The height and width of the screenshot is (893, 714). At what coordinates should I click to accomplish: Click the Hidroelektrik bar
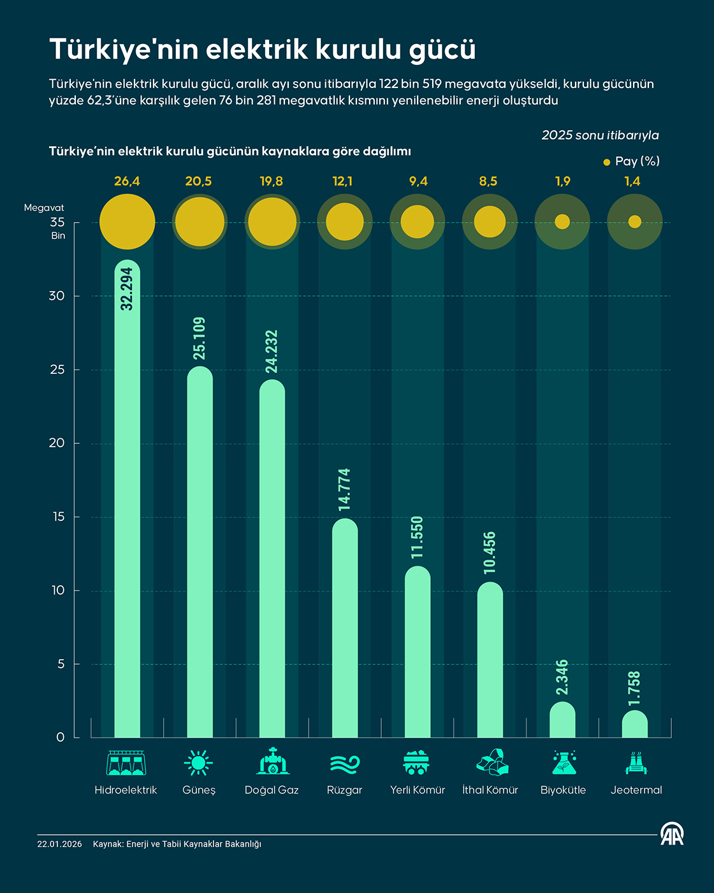(x=127, y=510)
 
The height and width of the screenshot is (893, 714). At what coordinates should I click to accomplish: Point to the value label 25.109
(x=200, y=338)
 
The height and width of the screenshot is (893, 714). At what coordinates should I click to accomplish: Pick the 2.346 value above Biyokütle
(x=562, y=677)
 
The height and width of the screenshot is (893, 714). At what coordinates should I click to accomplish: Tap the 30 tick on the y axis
(x=57, y=296)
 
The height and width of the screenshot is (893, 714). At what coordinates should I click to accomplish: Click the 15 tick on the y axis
(x=59, y=517)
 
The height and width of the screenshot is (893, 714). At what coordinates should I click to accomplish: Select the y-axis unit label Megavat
(x=44, y=208)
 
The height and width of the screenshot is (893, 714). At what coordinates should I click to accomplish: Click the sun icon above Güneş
(x=198, y=762)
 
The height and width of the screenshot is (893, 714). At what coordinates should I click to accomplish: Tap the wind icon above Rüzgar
(x=345, y=763)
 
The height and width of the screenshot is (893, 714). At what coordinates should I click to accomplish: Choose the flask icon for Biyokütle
(x=564, y=762)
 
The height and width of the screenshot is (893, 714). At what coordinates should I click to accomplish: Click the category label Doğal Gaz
(x=272, y=790)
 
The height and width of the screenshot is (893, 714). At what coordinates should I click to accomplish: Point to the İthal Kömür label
(x=490, y=790)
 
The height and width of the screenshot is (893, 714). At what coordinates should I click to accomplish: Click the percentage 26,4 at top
(x=127, y=182)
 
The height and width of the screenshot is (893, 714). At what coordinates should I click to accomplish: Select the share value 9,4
(x=418, y=182)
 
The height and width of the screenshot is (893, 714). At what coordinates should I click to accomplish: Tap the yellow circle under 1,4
(x=634, y=222)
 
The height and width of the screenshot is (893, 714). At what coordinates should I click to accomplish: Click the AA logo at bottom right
(x=672, y=834)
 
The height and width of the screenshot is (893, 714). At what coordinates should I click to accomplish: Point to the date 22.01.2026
(x=59, y=844)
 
